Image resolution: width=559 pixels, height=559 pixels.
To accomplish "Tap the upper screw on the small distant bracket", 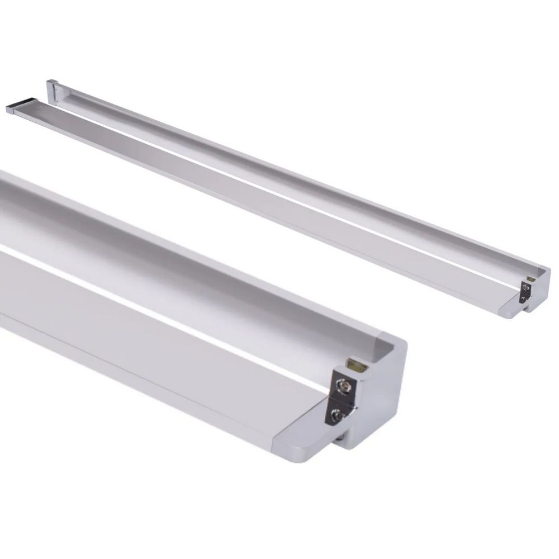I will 526,287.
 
